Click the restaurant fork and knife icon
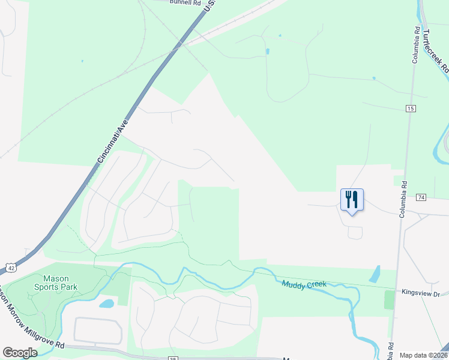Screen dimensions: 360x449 click(352, 199)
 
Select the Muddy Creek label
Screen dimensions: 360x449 click(303, 284)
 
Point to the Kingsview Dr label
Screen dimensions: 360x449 click(421, 293)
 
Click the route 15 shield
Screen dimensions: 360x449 click(411, 108)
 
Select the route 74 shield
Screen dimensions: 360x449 click(421, 197)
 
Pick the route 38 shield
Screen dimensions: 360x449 click(172, 358)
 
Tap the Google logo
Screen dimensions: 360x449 click(20, 352)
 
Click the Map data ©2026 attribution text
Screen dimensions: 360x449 click(423, 355)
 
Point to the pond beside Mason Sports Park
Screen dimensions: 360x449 click(107, 304)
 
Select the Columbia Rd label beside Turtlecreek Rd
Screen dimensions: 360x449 click(415, 45)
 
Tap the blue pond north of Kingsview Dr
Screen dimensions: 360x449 click(374, 274)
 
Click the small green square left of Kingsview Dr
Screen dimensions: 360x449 click(390, 298)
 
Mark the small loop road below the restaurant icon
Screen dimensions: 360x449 click(355, 232)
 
